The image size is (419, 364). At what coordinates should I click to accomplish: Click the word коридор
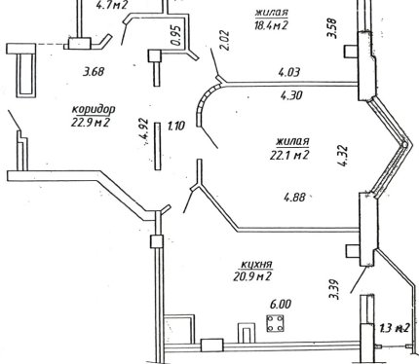coord(94,110)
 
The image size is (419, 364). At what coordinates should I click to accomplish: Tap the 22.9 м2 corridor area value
coord(91,123)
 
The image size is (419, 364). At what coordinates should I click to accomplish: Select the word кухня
coord(256,265)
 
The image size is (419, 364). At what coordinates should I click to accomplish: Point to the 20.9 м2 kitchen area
coord(252,276)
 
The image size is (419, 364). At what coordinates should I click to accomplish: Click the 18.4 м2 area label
coord(271,24)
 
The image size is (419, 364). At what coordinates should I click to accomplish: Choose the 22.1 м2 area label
coord(289,155)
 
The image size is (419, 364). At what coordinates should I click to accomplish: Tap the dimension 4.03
coord(289,72)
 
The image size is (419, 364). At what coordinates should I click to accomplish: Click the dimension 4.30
coord(291,95)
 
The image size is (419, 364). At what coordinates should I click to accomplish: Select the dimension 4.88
coord(295,197)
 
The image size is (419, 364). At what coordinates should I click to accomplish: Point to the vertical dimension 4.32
coord(343,156)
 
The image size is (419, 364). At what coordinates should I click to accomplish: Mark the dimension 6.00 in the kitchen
coord(281,305)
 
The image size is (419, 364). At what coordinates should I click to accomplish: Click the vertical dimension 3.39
coord(334,289)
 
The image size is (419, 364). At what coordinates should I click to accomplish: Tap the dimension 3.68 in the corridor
coord(94,71)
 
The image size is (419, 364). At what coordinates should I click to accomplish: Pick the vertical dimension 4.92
coord(143,130)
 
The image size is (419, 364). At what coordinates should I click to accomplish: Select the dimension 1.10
coord(175,126)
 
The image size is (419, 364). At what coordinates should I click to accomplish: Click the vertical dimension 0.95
coord(175,35)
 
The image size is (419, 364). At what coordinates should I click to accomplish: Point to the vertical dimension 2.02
coord(224,40)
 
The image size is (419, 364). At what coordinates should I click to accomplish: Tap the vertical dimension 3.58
coord(333,28)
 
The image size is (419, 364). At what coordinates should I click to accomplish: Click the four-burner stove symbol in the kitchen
coord(275,323)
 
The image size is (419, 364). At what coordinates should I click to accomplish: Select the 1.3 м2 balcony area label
coord(395,328)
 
